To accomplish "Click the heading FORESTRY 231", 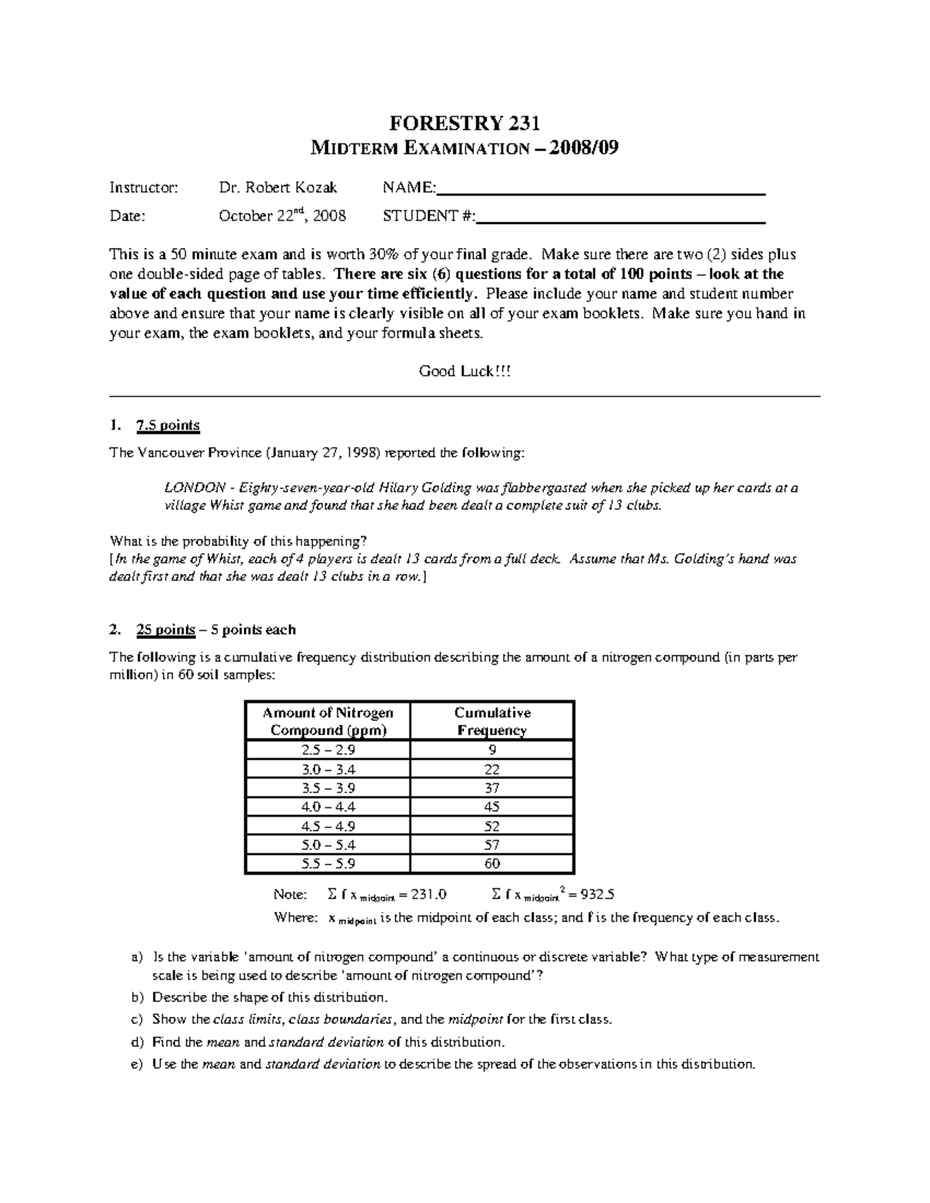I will (464, 123).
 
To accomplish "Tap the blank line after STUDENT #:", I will (621, 220).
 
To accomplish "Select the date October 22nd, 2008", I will (282, 216).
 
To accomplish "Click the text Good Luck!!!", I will (465, 371).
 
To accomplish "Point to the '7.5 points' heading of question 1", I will (167, 425).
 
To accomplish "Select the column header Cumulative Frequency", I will (492, 721).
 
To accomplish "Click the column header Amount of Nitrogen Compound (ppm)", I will (328, 721).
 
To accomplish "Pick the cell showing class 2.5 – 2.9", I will (328, 750).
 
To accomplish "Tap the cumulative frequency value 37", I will (492, 788).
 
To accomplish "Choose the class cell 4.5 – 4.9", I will (328, 826).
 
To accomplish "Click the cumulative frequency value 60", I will (492, 864).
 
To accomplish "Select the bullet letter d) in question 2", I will (138, 1042).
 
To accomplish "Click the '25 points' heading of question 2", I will (165, 630).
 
